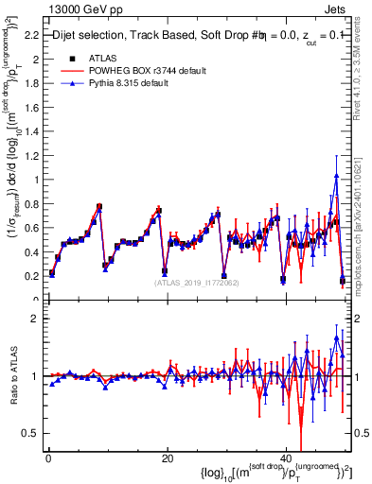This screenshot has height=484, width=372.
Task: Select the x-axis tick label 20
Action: (x=167, y=458)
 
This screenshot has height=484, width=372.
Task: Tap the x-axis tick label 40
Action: (x=286, y=458)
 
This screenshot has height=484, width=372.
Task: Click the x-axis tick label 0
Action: (x=47, y=458)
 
